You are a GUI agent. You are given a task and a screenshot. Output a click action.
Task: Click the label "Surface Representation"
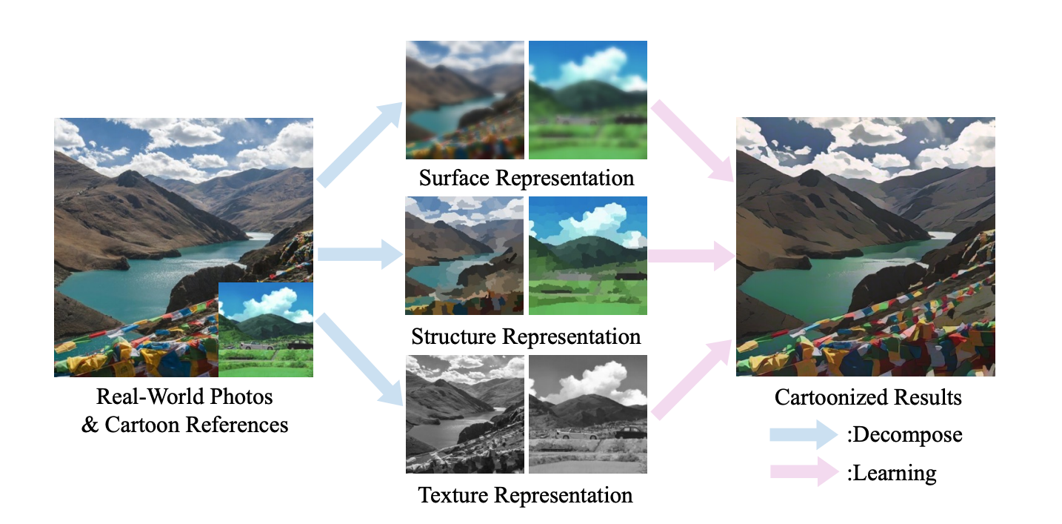coord(526,179)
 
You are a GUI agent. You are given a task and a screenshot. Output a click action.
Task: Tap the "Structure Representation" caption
coord(526,336)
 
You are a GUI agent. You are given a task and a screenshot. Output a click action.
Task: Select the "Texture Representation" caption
coord(526,494)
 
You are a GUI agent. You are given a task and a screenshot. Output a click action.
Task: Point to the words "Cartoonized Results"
coord(868,397)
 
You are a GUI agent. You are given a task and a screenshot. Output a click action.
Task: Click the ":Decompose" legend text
coord(904,434)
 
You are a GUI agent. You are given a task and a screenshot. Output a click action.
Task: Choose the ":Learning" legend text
coord(891,472)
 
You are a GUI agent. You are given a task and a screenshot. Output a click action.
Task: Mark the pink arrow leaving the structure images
coord(692,256)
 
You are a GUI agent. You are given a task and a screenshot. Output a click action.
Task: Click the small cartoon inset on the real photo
coord(266,329)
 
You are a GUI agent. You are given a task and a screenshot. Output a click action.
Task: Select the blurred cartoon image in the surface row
coord(588,100)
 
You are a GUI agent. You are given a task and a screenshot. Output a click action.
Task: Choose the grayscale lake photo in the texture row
coord(464,414)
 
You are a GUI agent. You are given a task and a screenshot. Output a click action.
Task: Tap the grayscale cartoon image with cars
coord(588,414)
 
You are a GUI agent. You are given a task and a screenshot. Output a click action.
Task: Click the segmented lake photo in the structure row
coord(464,256)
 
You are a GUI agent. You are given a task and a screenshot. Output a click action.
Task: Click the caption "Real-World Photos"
coord(184,397)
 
